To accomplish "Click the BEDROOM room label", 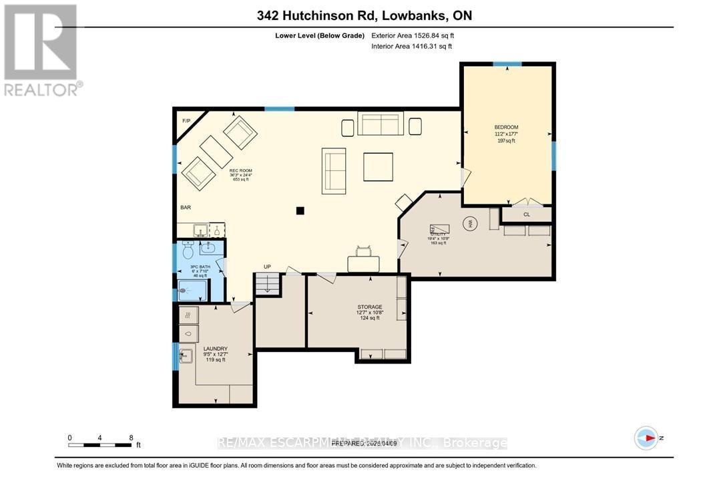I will click(506, 127).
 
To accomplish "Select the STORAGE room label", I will click(369, 307).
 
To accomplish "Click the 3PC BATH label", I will click(200, 267).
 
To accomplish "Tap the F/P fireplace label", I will click(186, 120).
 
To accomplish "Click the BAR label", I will click(186, 208).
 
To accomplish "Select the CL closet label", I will click(527, 214).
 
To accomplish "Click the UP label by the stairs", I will click(267, 267).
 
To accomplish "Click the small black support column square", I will click(300, 211).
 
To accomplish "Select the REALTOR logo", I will click(41, 50).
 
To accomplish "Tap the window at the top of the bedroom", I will click(507, 64).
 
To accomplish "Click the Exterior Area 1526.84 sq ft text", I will click(413, 35).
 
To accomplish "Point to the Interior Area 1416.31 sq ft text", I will click(412, 46).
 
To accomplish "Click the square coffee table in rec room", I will click(378, 167).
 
